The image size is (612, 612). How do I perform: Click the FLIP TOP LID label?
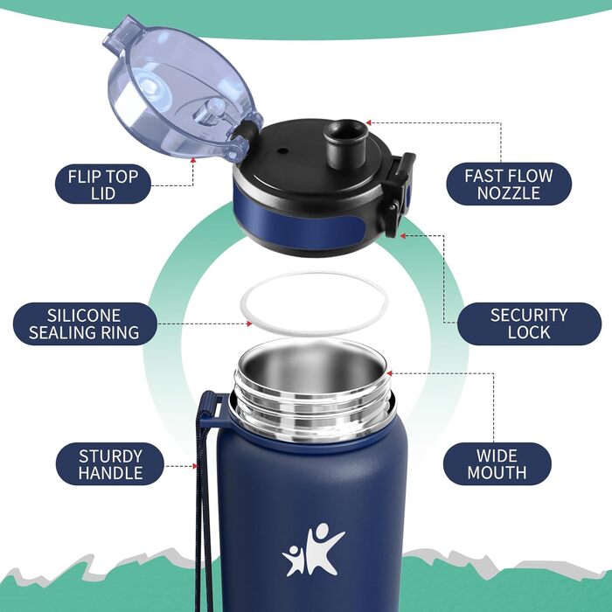click(x=103, y=184)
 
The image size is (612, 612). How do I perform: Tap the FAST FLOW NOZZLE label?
click(x=509, y=184)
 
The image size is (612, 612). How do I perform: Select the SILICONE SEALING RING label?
click(x=85, y=324)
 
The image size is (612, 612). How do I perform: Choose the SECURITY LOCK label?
click(x=529, y=323)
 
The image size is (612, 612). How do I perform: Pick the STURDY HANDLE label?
click(x=110, y=464)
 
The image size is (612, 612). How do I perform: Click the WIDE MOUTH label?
click(x=497, y=464)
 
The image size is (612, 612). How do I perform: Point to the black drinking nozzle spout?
click(x=346, y=143)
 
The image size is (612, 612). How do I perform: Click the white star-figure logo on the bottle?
click(x=312, y=550)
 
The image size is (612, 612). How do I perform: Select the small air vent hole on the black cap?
click(x=283, y=151)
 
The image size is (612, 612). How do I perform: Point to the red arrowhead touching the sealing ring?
click(x=249, y=323)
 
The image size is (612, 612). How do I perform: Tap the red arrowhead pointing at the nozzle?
click(x=368, y=123)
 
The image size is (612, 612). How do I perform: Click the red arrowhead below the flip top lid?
click(x=193, y=160)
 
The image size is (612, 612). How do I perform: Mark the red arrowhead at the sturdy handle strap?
click(x=195, y=466)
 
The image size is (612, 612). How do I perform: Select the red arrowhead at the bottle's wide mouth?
click(x=390, y=373)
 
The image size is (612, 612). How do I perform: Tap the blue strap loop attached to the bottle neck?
click(x=210, y=411)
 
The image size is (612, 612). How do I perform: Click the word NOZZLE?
click(x=509, y=193)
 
